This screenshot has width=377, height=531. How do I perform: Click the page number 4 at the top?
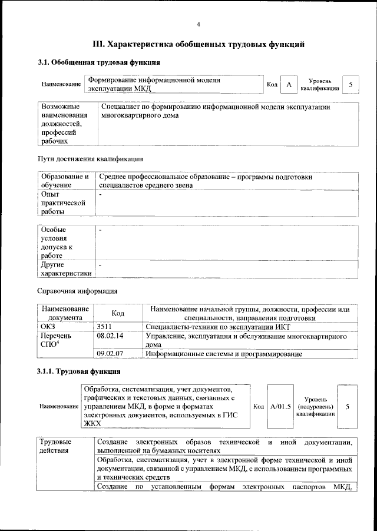(199, 24)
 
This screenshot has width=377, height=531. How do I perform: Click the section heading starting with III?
(199, 44)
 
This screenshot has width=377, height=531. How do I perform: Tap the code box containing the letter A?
(289, 85)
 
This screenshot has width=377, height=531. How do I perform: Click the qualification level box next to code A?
(350, 85)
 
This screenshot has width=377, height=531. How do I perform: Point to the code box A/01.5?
(280, 407)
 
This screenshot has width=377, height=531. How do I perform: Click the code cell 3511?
(104, 327)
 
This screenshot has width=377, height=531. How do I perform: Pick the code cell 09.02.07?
(110, 354)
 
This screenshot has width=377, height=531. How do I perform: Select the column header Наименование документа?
(65, 313)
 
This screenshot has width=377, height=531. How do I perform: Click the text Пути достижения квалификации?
(90, 159)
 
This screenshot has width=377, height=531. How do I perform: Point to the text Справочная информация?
(77, 291)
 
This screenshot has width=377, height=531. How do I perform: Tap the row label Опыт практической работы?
(59, 202)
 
